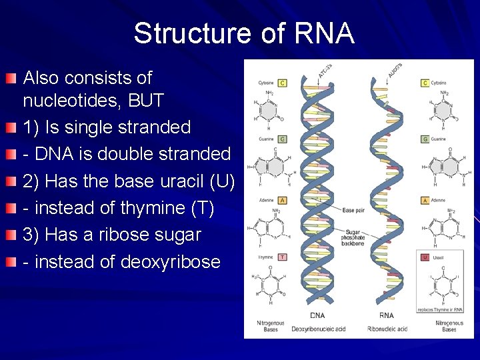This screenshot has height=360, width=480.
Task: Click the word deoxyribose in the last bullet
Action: (170, 262)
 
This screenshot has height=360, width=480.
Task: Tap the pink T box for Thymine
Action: (283, 257)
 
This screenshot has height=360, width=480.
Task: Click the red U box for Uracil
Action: (425, 257)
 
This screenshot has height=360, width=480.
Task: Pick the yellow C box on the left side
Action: (283, 83)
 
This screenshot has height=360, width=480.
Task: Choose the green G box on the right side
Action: (425, 139)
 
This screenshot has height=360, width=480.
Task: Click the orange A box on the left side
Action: (283, 200)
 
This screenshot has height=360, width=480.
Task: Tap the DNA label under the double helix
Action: (318, 315)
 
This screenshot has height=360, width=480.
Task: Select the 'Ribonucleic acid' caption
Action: (387, 329)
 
